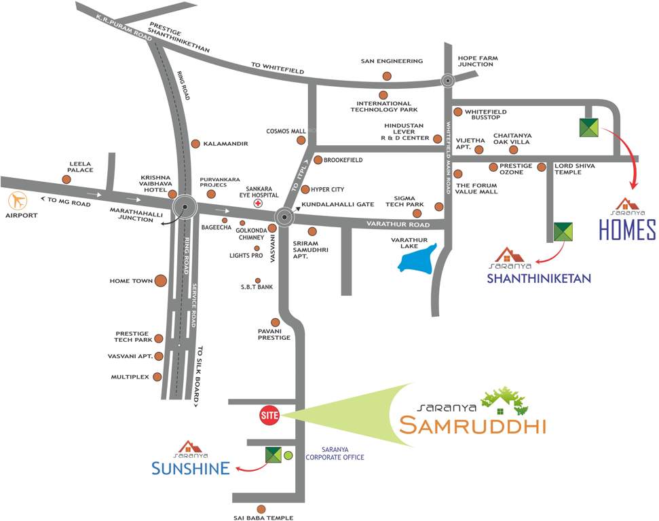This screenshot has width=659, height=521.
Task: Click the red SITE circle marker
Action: [269, 416]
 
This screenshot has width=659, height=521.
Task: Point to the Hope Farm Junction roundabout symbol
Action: [448, 81]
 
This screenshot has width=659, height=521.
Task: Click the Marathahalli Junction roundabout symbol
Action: [184, 208]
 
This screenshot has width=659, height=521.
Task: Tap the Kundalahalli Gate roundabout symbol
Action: [284, 216]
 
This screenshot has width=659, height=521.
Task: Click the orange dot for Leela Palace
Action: [67, 179]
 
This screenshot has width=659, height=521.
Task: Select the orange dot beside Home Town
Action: [161, 280]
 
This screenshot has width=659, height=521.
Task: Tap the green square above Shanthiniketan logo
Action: [563, 232]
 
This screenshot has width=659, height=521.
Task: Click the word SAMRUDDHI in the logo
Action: [472, 425]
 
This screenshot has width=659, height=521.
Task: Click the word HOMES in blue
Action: [627, 230]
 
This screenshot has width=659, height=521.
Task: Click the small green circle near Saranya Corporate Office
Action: [288, 455]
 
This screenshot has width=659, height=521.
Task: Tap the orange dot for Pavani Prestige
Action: [276, 322]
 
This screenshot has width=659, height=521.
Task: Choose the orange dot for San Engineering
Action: [387, 76]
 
